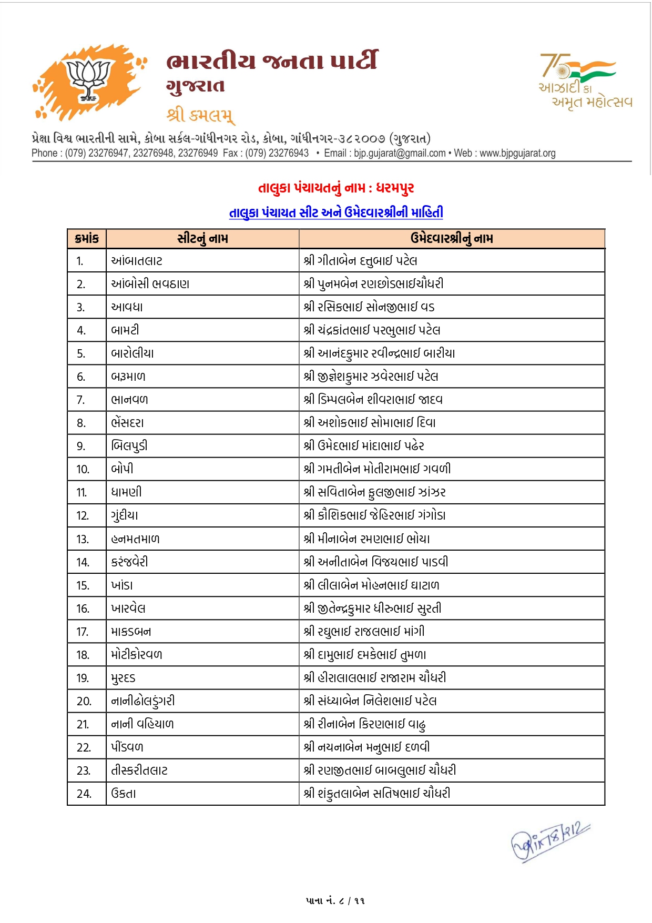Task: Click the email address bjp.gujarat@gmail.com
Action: click(x=400, y=153)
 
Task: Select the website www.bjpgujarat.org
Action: click(x=517, y=153)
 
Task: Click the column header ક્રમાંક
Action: click(x=87, y=239)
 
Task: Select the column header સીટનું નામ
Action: click(x=202, y=239)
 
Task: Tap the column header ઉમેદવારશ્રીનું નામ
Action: click(x=452, y=239)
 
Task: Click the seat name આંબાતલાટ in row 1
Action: click(x=137, y=261)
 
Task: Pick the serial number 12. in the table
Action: click(x=83, y=516)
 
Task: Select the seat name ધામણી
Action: click(x=126, y=493)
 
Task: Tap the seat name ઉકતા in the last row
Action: click(x=124, y=794)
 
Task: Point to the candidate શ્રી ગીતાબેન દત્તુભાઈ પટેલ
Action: click(x=360, y=261)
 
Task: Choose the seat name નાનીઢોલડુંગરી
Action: click(x=143, y=701)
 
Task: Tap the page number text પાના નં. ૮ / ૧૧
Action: click(x=335, y=900)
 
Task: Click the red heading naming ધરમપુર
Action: click(x=336, y=188)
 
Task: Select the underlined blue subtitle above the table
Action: click(x=336, y=212)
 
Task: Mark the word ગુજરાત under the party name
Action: click(x=195, y=86)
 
